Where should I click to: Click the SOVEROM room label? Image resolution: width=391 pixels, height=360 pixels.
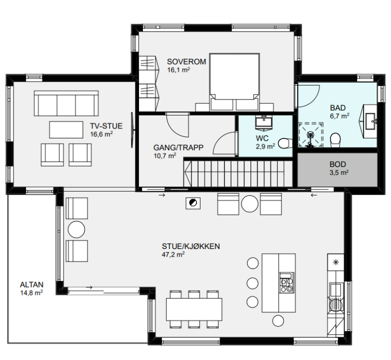pyautogui.click(x=186, y=61)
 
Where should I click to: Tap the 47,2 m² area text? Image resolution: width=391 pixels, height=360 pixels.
pyautogui.click(x=173, y=254)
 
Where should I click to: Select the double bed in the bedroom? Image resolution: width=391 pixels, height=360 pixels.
pyautogui.click(x=234, y=82)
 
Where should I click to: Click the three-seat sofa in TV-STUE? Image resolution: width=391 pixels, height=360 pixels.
pyautogui.click(x=66, y=103)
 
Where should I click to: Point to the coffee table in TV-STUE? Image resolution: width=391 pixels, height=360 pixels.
pyautogui.click(x=66, y=129)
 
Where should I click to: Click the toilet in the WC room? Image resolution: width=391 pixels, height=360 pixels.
pyautogui.click(x=285, y=143)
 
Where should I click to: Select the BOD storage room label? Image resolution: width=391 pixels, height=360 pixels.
pyautogui.click(x=337, y=164)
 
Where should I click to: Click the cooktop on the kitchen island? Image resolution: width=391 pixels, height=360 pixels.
pyautogui.click(x=287, y=282)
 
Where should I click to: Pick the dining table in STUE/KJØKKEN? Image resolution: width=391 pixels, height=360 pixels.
pyautogui.click(x=194, y=309)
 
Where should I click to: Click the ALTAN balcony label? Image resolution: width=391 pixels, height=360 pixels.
pyautogui.click(x=31, y=284)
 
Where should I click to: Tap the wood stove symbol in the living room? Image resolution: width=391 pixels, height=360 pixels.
pyautogui.click(x=193, y=203)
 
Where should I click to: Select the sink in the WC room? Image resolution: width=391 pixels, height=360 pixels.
pyautogui.click(x=263, y=123)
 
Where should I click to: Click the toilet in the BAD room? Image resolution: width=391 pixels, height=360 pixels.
pyautogui.click(x=335, y=140)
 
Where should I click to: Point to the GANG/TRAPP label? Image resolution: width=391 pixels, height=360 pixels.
pyautogui.click(x=178, y=147)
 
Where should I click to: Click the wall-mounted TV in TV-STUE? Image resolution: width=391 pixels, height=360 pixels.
pyautogui.click(x=132, y=130)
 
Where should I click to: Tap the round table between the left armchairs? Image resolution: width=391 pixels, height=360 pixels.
pyautogui.click(x=76, y=229)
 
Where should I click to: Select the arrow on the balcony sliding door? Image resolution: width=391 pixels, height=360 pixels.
pyautogui.click(x=89, y=287)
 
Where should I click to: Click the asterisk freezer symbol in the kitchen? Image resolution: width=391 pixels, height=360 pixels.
pyautogui.click(x=336, y=262)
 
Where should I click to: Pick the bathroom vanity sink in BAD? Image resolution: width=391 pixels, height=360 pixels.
pyautogui.click(x=370, y=121)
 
